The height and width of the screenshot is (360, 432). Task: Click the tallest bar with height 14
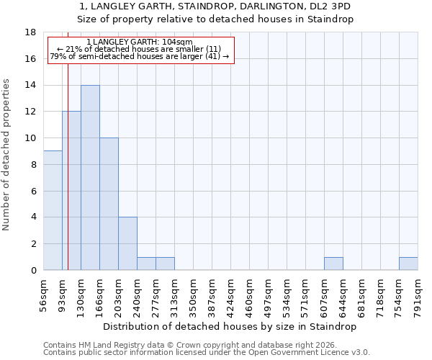tap(90, 178)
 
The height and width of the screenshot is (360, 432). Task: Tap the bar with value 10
tap(109, 204)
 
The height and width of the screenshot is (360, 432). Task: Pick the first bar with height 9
tap(53, 210)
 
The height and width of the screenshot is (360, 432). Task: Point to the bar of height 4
tap(127, 243)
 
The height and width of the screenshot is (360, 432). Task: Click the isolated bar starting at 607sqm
tap(333, 264)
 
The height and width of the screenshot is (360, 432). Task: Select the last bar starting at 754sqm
tap(408, 264)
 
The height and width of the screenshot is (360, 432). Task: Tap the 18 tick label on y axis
tap(31, 32)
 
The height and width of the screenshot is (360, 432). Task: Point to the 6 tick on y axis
tap(33, 191)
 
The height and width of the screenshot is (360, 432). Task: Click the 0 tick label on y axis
tap(33, 270)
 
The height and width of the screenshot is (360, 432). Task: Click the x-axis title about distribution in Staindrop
tap(230, 326)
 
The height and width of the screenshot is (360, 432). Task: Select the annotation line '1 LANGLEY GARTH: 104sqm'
tap(139, 42)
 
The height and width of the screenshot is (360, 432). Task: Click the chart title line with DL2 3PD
tap(215, 6)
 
